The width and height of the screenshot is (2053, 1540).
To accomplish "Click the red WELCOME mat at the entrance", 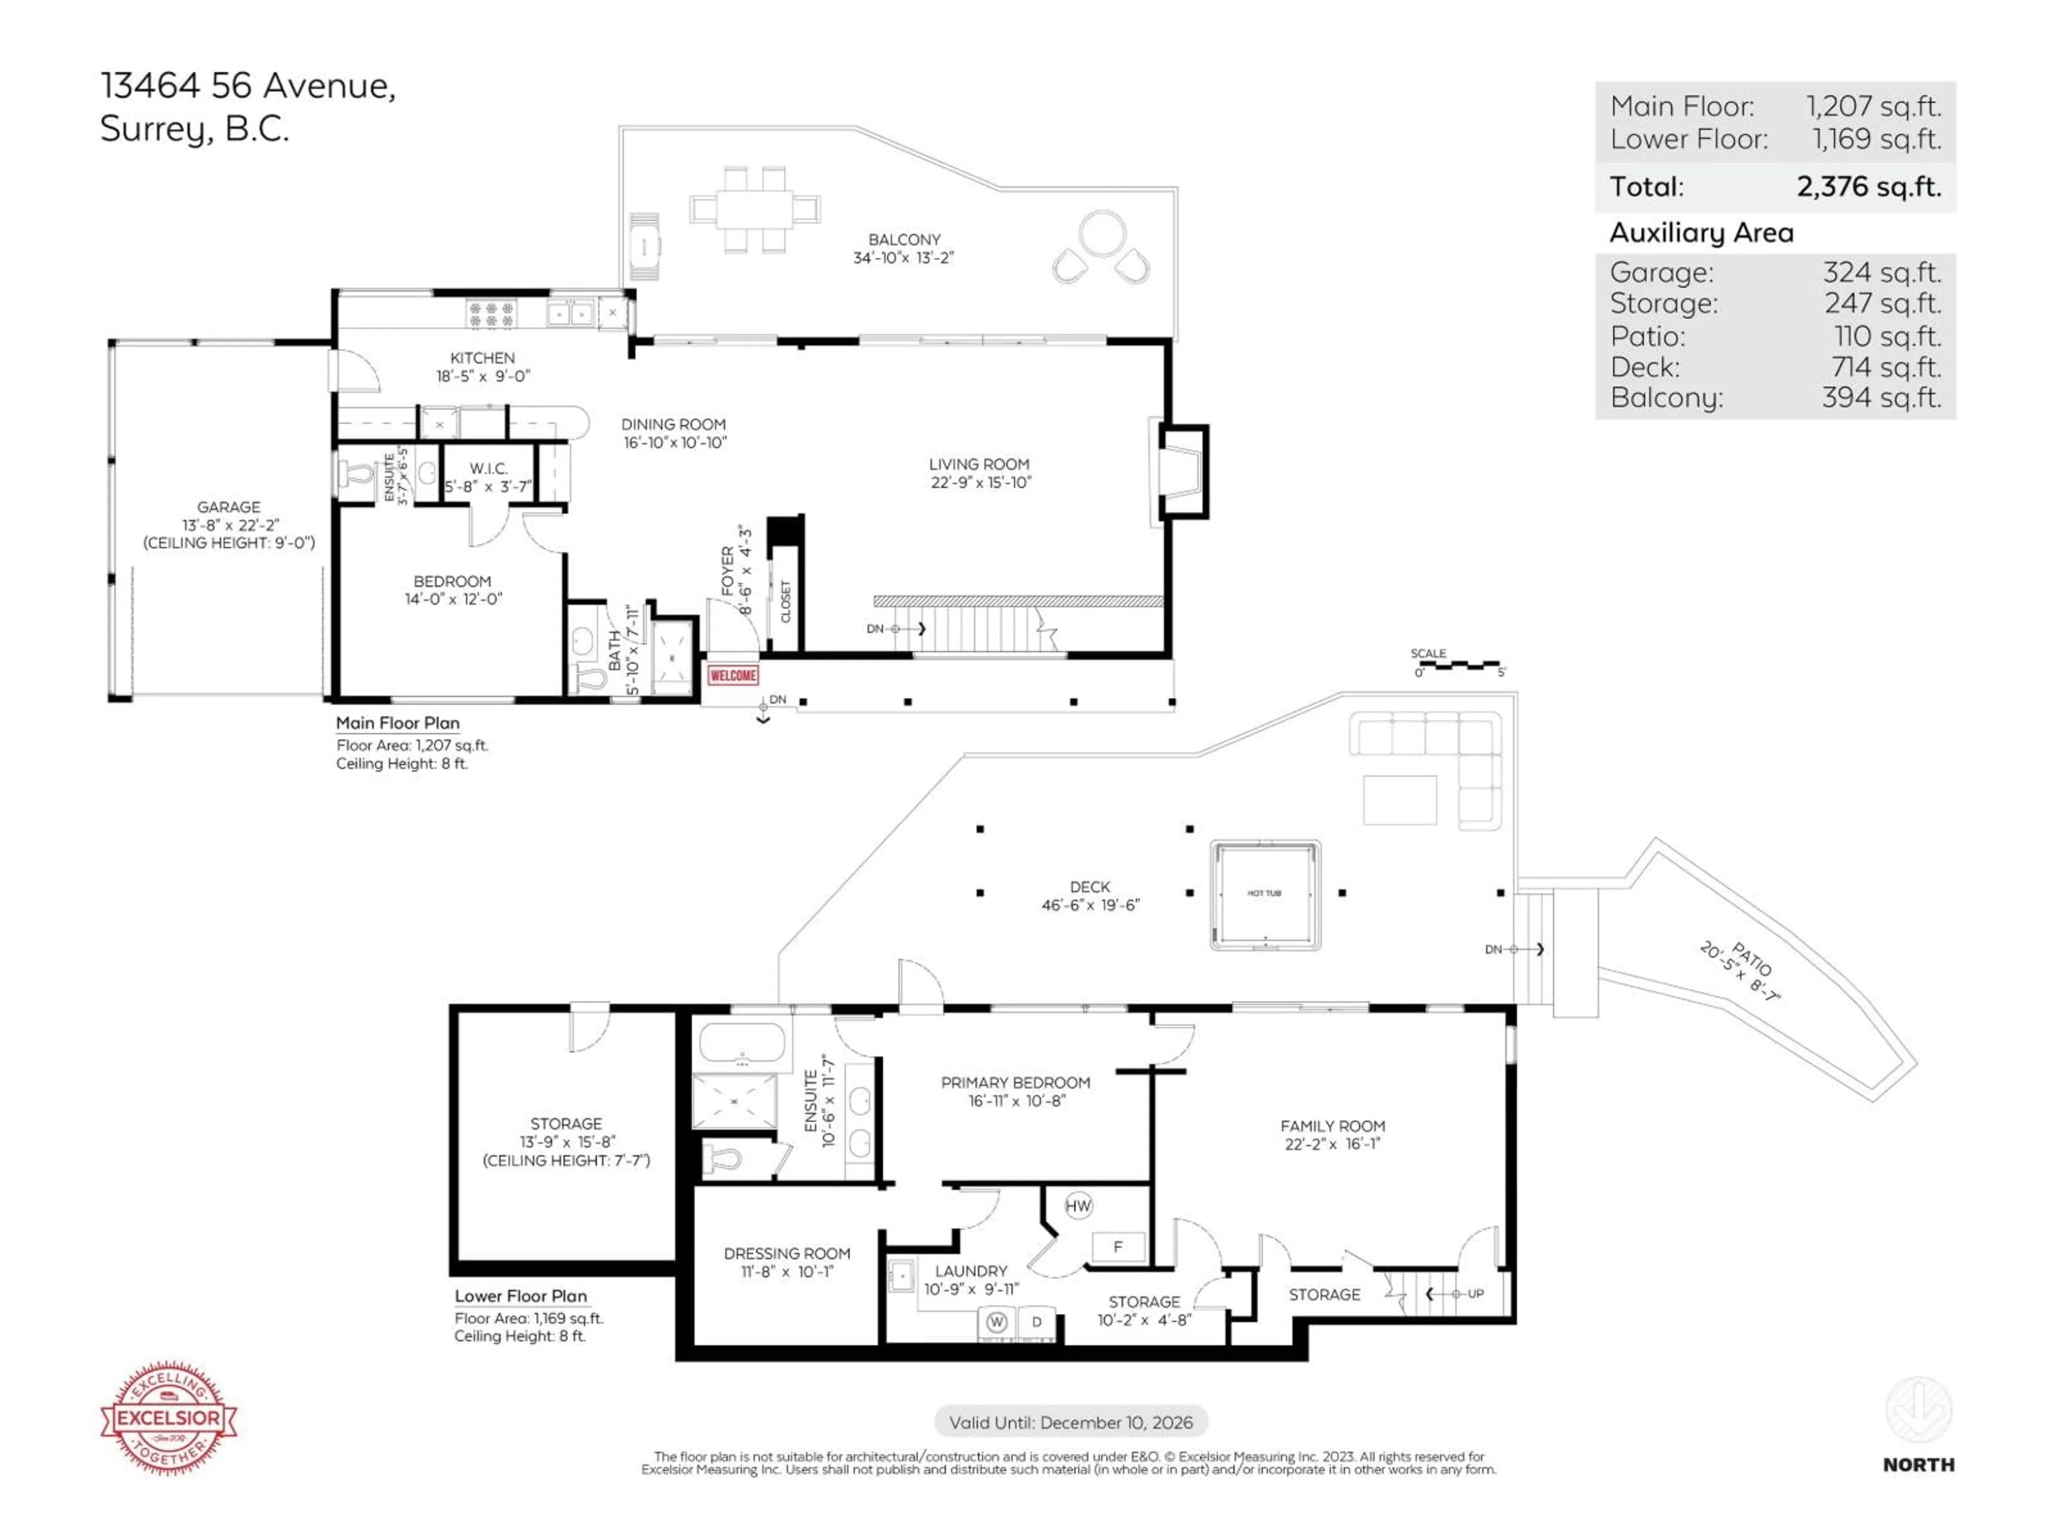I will (732, 675).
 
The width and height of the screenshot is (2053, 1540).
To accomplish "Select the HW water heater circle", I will (1077, 1206).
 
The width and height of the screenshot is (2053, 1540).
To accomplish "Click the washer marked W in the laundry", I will (997, 1321).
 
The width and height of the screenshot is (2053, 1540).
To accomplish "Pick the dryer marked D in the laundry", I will (1037, 1321).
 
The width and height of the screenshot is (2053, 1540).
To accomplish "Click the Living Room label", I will (979, 464).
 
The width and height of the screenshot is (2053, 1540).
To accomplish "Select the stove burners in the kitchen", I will (491, 313).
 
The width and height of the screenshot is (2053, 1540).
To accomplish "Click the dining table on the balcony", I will (754, 209).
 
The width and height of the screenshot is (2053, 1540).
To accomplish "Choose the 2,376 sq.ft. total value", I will (1869, 187).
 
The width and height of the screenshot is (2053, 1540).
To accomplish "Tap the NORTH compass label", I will (1918, 1465).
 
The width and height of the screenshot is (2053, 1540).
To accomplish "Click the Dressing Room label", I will (787, 1253).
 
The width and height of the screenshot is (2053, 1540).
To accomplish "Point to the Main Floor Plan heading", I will (397, 723).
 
